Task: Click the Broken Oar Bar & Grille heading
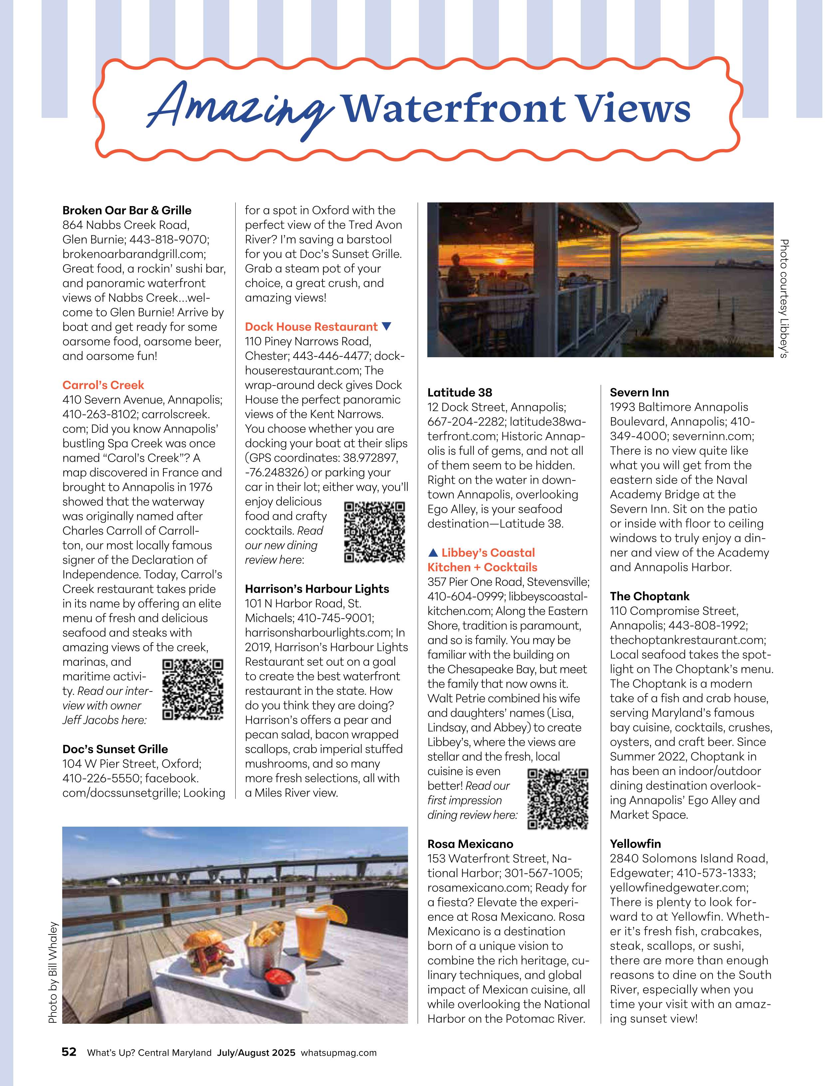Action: (x=127, y=210)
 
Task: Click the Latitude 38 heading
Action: (x=460, y=392)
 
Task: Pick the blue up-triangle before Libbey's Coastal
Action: (x=433, y=552)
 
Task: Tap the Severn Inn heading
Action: (x=639, y=392)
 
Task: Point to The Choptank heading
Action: (x=650, y=596)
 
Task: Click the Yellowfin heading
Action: (x=635, y=844)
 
